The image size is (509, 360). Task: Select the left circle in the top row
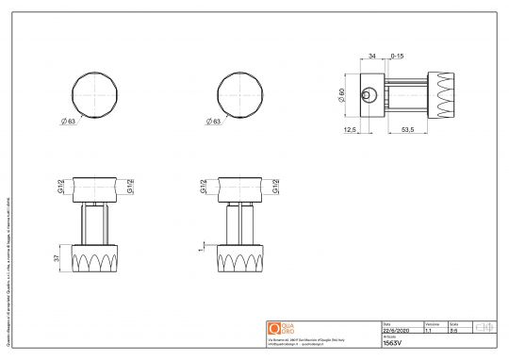click(x=99, y=93)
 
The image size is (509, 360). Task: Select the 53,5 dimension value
click(x=410, y=131)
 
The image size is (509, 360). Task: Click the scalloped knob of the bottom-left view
click(x=99, y=258)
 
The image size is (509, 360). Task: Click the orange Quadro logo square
click(x=274, y=327)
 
